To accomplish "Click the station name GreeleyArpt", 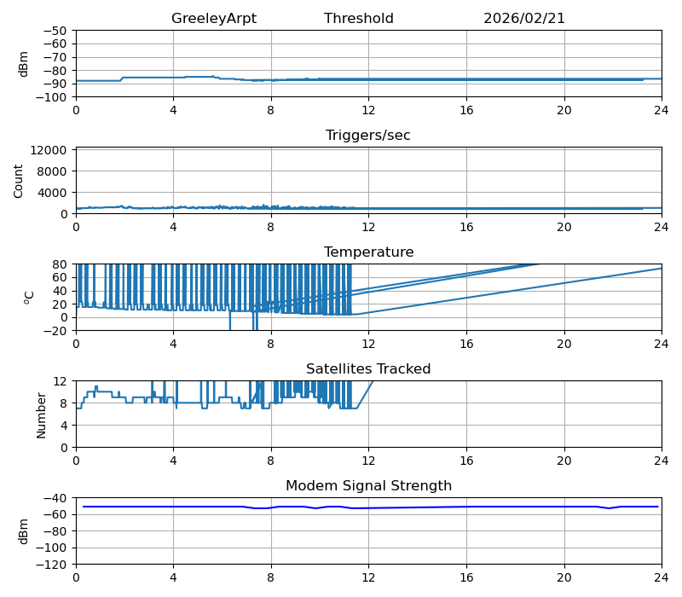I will tap(213, 19).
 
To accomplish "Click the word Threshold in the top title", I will tap(358, 19).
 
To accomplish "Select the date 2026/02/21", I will tap(523, 19).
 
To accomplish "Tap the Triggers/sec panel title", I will tap(367, 136).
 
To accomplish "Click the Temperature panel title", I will tap(368, 252).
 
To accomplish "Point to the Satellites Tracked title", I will tap(368, 369).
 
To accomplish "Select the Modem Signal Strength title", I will tap(368, 486).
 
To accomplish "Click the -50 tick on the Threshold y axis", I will tap(56, 31).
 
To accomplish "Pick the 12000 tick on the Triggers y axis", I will tap(50, 150).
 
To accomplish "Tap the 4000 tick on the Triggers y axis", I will tap(54, 192).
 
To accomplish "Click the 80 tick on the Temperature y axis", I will tap(61, 264).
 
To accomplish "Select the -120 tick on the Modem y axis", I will tap(53, 565).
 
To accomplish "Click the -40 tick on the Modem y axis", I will tap(56, 498).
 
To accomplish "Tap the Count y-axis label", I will tap(19, 181).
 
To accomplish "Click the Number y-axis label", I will tap(42, 414).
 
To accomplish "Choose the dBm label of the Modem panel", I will tap(24, 530).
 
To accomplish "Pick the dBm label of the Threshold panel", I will tap(24, 64).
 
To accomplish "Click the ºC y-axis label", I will tap(30, 297).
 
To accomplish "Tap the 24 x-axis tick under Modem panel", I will tap(662, 578).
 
